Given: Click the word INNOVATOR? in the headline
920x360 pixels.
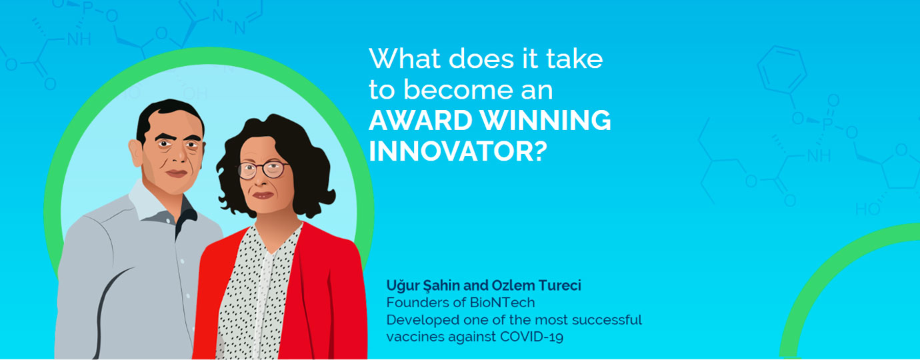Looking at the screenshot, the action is [458, 151].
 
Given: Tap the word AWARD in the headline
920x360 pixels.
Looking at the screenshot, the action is [421, 120].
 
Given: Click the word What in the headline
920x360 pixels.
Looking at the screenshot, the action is [405, 59].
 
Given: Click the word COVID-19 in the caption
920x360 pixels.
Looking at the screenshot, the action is [531, 337].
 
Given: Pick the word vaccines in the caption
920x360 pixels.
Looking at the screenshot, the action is [415, 337].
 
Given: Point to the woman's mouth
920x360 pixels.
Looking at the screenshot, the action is [263, 195].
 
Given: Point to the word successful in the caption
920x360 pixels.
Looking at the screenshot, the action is [607, 320].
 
